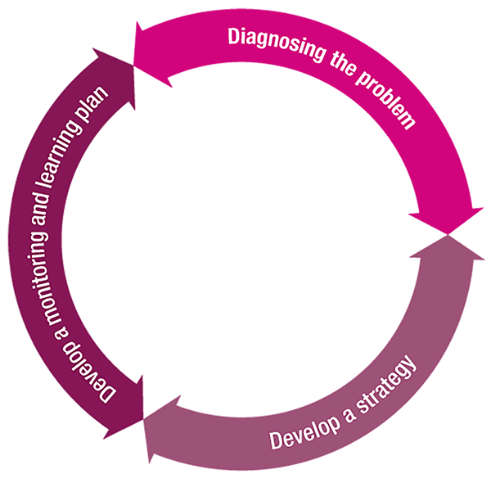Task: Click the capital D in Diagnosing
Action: tap(234, 37)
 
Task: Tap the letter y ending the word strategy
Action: tap(417, 363)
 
